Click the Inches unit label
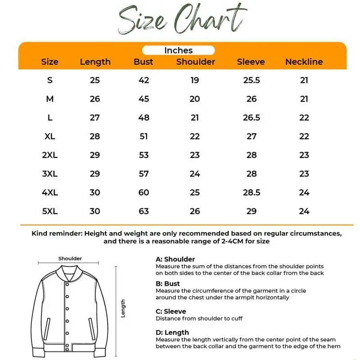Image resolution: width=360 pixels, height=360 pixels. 178,50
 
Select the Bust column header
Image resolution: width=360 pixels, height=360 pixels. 144,62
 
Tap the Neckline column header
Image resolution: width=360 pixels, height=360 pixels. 304,62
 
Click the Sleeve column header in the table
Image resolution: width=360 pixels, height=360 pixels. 251,62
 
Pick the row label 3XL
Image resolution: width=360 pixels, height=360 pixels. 50,174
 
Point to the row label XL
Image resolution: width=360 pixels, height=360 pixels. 50,136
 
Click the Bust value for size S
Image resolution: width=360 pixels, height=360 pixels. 144,81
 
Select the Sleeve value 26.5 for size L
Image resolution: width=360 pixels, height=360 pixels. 251,117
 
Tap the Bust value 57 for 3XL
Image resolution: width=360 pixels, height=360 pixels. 144,174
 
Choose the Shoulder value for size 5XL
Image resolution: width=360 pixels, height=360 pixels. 194,211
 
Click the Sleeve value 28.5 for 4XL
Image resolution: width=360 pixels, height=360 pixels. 251,193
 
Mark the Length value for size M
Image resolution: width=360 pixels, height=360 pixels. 95,99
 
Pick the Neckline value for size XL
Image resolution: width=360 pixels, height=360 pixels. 304,136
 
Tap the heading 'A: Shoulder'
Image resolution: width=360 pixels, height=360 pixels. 175,259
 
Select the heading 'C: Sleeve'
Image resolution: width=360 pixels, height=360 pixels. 171,311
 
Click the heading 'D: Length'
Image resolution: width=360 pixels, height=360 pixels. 172,333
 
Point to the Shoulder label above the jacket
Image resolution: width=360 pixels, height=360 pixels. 70,258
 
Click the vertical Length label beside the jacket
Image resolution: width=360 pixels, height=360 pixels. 123,309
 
